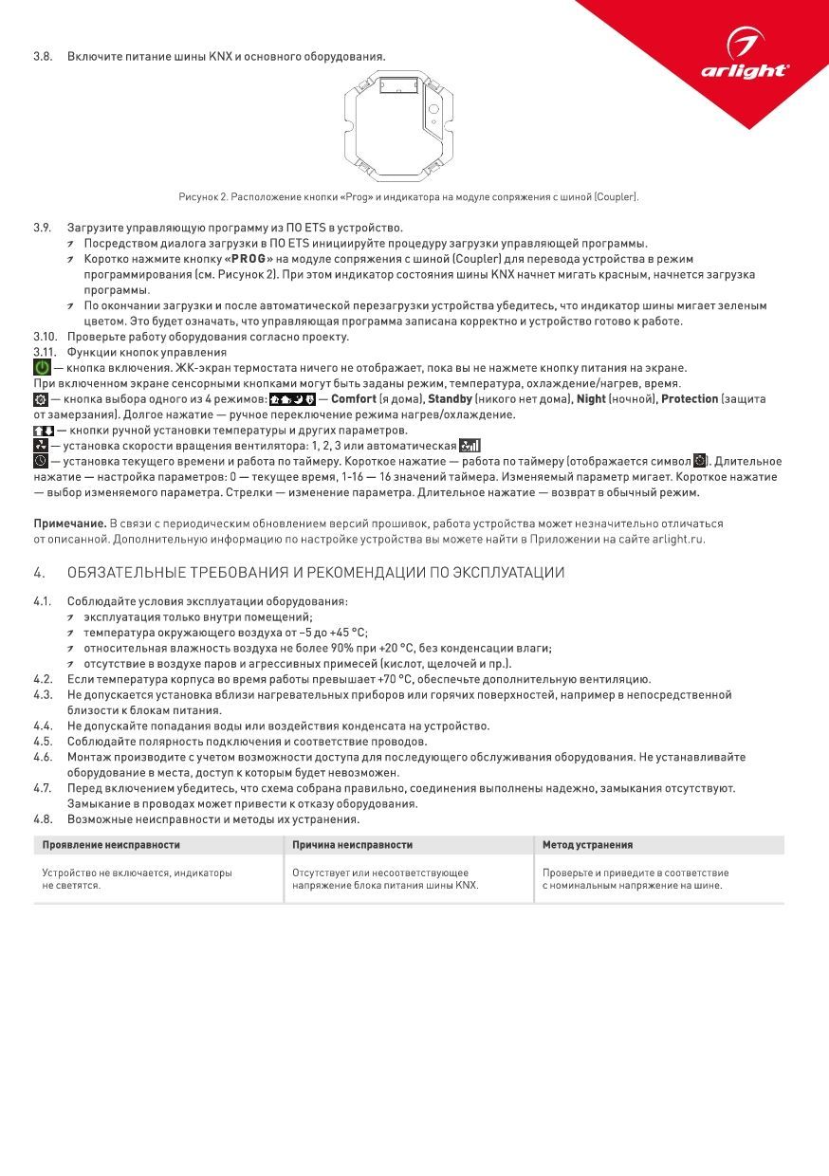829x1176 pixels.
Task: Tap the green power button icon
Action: [43, 368]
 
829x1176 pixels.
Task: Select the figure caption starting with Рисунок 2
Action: [408, 197]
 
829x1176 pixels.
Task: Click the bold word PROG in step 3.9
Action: [248, 259]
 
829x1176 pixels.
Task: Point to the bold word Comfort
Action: [354, 399]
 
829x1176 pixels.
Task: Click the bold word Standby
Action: [450, 399]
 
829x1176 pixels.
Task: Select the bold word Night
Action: [592, 399]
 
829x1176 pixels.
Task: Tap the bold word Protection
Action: [690, 399]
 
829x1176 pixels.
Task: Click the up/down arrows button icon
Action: [43, 431]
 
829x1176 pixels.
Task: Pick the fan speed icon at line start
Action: [40, 446]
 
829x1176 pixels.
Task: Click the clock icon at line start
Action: [40, 461]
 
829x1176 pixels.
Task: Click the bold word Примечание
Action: [69, 524]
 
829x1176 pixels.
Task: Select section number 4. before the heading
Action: [39, 573]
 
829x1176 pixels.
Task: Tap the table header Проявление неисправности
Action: [111, 844]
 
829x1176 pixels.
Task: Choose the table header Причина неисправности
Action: [352, 844]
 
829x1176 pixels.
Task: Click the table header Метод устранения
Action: [587, 844]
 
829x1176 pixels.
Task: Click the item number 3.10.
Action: [46, 337]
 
